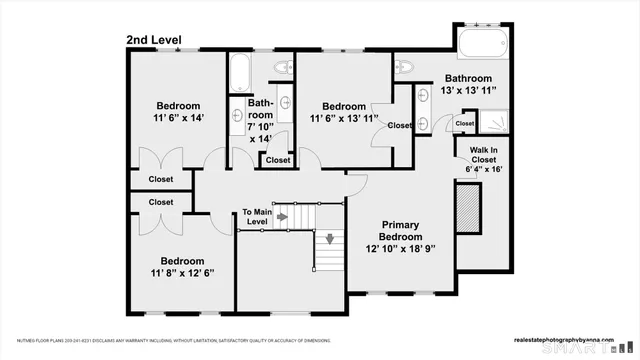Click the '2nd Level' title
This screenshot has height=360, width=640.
(x=155, y=39)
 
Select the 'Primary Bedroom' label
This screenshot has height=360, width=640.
(x=395, y=230)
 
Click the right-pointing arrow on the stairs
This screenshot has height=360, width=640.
(x=283, y=216)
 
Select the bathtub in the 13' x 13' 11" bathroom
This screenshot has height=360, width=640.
(x=484, y=45)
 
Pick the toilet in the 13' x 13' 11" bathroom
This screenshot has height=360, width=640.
(x=402, y=68)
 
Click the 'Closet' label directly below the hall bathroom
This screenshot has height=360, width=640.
(x=278, y=160)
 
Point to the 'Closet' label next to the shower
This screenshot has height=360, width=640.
(x=464, y=123)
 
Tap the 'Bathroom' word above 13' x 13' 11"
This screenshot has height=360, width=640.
(x=468, y=78)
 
